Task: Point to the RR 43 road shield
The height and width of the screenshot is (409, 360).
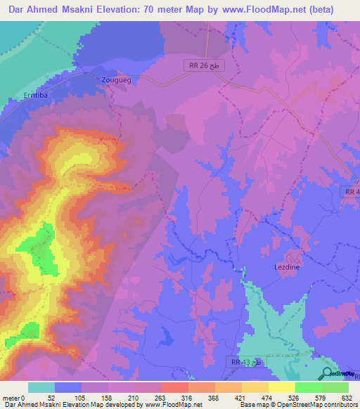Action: point(247,361)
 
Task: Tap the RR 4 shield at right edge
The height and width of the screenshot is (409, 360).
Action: point(352,191)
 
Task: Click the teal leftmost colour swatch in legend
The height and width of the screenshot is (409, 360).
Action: point(41,387)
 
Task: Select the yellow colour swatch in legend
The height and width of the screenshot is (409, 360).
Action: point(282,387)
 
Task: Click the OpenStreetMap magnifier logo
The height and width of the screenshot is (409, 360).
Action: point(327,373)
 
